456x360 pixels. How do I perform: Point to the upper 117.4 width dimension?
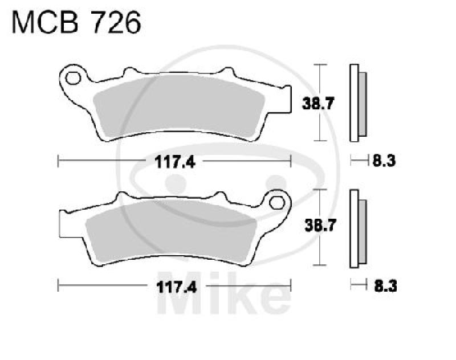pos(174,162)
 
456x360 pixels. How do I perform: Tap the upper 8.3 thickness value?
pos(384,162)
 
